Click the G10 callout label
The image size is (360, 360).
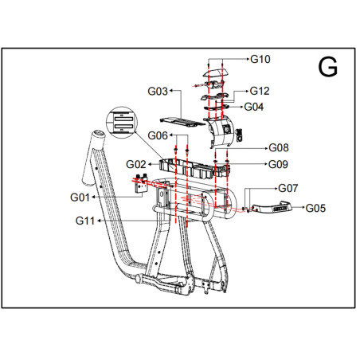pyautogui.click(x=260, y=59)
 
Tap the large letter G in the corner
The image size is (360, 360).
pyautogui.click(x=327, y=68)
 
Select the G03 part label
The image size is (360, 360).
pyautogui.click(x=158, y=92)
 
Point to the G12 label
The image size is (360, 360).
pyautogui.click(x=260, y=91)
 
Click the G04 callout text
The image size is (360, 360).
pyautogui.click(x=254, y=107)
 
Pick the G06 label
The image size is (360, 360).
pyautogui.click(x=158, y=135)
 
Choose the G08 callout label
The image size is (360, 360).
pyautogui.click(x=279, y=148)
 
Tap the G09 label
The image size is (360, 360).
pyautogui.click(x=278, y=164)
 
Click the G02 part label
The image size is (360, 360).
pyautogui.click(x=136, y=164)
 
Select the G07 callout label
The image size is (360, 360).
pyautogui.click(x=288, y=189)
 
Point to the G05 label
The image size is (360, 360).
pyautogui.click(x=315, y=209)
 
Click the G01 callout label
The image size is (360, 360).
pyautogui.click(x=80, y=198)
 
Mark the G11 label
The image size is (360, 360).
pyautogui.click(x=85, y=221)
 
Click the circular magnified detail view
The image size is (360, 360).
pyautogui.click(x=122, y=123)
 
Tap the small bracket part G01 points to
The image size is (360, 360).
pyautogui.click(x=141, y=184)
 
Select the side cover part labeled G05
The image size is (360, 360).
pyautogui.click(x=272, y=207)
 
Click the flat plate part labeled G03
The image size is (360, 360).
pyautogui.click(x=182, y=122)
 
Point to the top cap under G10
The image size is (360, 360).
pyautogui.click(x=216, y=72)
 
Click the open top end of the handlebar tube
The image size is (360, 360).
pyautogui.click(x=99, y=133)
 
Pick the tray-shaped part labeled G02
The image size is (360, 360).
pyautogui.click(x=194, y=169)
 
